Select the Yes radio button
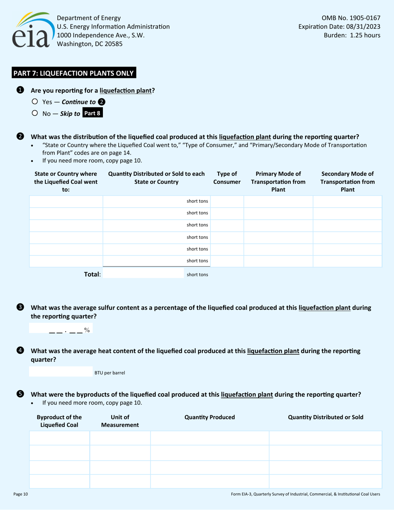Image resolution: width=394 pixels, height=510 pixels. point(35,102)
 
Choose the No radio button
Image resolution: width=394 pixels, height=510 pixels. point(35,113)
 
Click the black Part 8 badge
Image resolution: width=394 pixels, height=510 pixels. point(92,113)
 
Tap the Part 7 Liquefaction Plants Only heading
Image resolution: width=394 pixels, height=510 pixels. point(73,73)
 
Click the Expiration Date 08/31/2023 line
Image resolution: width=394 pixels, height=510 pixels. point(339,27)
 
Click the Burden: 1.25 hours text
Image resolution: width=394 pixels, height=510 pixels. point(352,35)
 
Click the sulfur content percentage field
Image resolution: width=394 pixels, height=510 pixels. point(61,329)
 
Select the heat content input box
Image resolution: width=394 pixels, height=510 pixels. point(61,372)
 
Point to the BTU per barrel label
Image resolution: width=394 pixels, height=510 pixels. point(109,373)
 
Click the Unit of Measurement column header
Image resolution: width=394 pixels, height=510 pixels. point(120,421)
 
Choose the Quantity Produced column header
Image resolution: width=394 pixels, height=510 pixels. point(209,417)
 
